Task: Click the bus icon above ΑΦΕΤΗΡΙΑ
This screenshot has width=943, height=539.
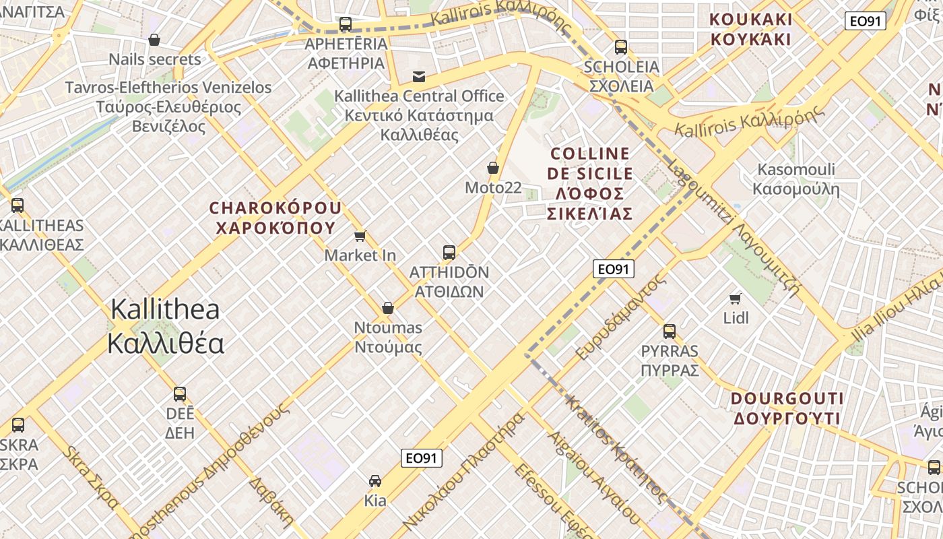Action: [346, 24]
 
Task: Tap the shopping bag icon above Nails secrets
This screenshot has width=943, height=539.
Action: [154, 40]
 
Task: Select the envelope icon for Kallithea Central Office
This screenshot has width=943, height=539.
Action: [419, 76]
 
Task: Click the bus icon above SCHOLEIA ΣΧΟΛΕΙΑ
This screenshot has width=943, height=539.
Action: [621, 47]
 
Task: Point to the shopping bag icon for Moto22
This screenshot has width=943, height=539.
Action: [493, 168]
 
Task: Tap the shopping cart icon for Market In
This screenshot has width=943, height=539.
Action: [360, 236]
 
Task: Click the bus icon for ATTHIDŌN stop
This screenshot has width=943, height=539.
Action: [449, 253]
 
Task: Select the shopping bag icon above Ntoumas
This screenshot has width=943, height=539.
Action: [388, 308]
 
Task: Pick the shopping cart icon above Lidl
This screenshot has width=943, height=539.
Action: [736, 298]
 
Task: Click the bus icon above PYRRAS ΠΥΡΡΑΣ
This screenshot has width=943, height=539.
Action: [670, 331]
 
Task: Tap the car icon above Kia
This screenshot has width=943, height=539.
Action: [375, 481]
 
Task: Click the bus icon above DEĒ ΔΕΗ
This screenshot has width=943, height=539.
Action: [180, 393]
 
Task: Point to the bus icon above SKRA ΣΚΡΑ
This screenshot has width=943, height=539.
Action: [18, 424]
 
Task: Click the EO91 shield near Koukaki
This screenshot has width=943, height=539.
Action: [865, 21]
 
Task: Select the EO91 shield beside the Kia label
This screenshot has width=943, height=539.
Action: [422, 459]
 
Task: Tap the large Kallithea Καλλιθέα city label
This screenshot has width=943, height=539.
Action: [166, 326]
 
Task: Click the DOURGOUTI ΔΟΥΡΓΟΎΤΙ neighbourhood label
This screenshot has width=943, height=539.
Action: [787, 408]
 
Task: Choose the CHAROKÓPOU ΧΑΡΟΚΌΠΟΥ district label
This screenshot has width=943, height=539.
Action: [275, 218]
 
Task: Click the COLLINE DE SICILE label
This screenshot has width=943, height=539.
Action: [590, 183]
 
